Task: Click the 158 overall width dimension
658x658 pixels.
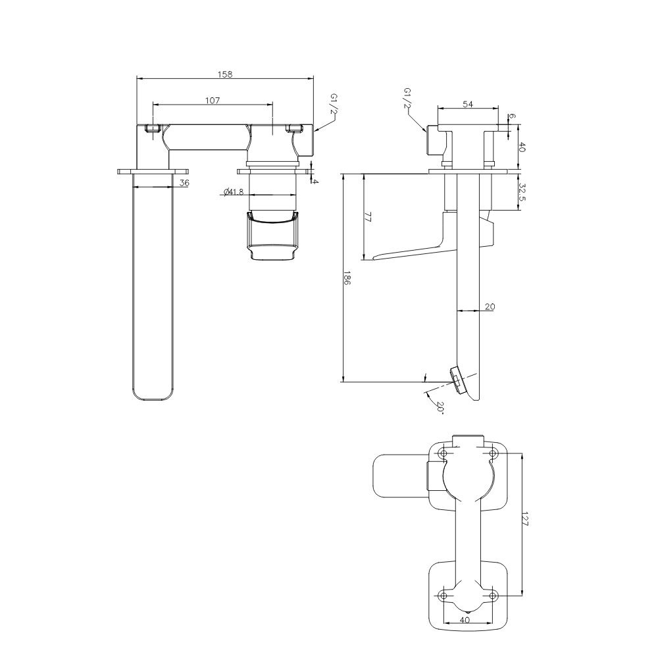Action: [225, 74]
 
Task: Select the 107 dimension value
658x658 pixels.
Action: [213, 100]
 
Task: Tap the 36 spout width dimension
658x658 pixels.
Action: [184, 182]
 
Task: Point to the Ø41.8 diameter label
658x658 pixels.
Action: [234, 192]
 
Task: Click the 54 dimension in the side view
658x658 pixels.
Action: [468, 104]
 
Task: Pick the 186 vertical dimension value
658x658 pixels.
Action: [347, 278]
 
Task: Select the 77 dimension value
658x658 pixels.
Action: [368, 217]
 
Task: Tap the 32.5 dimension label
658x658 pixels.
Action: [522, 192]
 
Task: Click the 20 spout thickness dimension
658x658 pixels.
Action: [490, 307]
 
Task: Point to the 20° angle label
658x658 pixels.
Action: [440, 407]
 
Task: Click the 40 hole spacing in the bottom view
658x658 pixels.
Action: [465, 619]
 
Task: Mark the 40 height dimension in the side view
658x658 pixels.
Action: [522, 147]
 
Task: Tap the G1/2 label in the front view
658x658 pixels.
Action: [333, 104]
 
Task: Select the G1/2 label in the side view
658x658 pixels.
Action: [407, 98]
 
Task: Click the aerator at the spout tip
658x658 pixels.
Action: [457, 380]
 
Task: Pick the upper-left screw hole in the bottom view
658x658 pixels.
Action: [443, 453]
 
